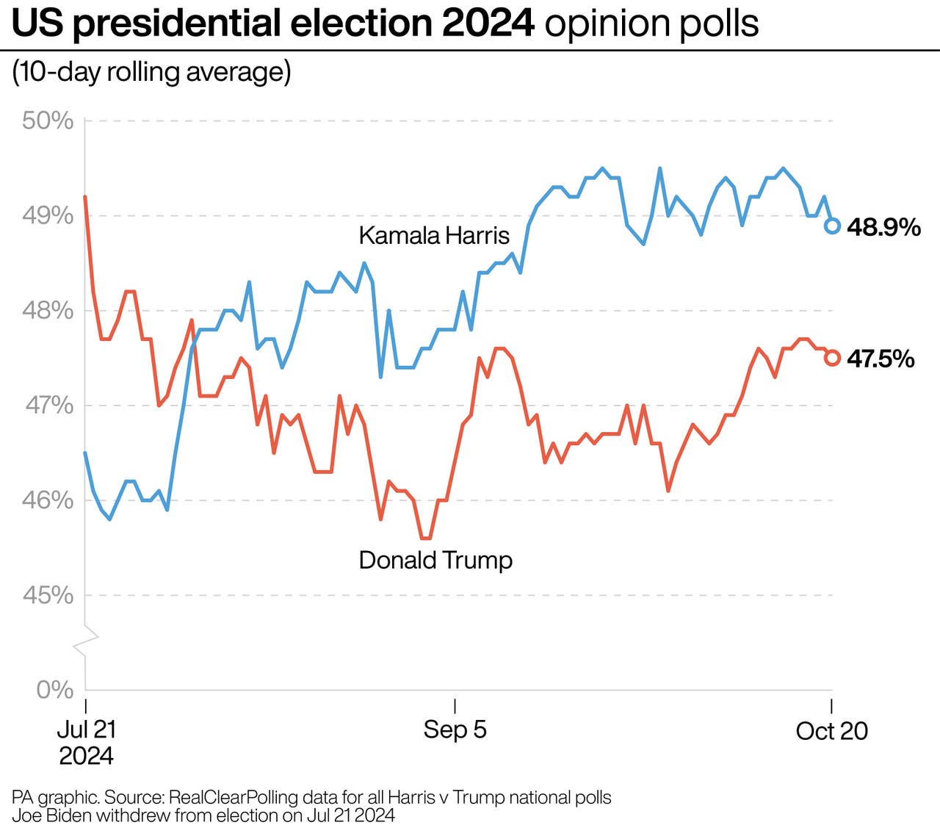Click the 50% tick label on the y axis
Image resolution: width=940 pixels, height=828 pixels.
(48, 120)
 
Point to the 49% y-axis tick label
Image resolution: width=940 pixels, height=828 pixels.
(48, 215)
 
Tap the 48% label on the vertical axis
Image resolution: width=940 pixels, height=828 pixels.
(48, 310)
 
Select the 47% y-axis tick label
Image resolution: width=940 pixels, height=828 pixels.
(48, 405)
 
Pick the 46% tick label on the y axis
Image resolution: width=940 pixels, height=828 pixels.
(48, 500)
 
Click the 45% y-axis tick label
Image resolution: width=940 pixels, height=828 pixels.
(48, 595)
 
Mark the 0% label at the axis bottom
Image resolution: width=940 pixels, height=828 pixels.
(55, 690)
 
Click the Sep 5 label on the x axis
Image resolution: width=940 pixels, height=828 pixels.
(455, 730)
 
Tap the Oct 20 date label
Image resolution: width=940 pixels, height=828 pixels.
(831, 731)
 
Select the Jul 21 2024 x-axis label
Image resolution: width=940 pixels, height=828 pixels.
(86, 742)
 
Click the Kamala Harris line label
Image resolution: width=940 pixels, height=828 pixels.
(433, 236)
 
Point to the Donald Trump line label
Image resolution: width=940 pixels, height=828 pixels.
(435, 561)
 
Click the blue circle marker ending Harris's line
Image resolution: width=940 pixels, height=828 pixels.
(832, 226)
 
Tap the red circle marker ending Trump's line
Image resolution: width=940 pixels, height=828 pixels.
(832, 358)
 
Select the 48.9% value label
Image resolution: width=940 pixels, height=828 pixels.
(883, 227)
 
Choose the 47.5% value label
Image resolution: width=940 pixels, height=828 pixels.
(881, 359)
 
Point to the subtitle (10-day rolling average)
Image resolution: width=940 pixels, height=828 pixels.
(151, 72)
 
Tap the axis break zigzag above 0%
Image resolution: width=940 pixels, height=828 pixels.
(86, 638)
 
